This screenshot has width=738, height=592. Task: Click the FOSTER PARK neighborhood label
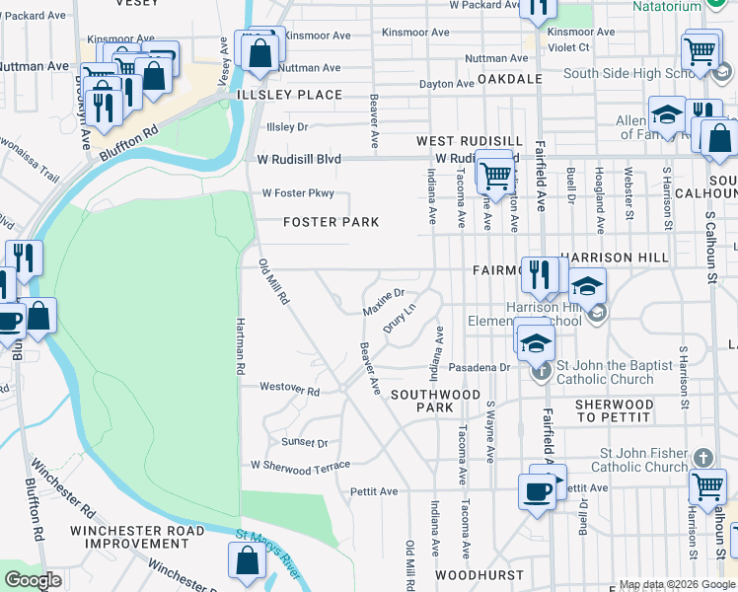click(331, 222)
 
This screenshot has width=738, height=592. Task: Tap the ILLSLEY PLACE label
click(290, 95)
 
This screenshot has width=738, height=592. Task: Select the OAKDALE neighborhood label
click(509, 78)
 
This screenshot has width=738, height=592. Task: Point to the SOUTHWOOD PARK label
click(434, 400)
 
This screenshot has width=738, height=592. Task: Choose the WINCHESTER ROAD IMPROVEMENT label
click(129, 537)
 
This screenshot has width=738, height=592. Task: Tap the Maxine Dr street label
click(384, 302)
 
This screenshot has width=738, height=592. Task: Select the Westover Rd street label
click(289, 391)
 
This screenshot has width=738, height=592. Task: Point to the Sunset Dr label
click(304, 443)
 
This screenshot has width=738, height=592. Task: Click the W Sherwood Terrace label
click(300, 465)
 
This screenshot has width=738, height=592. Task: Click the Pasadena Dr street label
click(478, 367)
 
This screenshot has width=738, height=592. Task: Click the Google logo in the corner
click(34, 579)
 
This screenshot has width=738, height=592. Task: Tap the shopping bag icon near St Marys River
click(247, 559)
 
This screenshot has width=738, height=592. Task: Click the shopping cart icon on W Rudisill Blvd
click(494, 176)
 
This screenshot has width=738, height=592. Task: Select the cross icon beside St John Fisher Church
click(701, 458)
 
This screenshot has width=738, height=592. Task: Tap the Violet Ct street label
click(568, 46)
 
